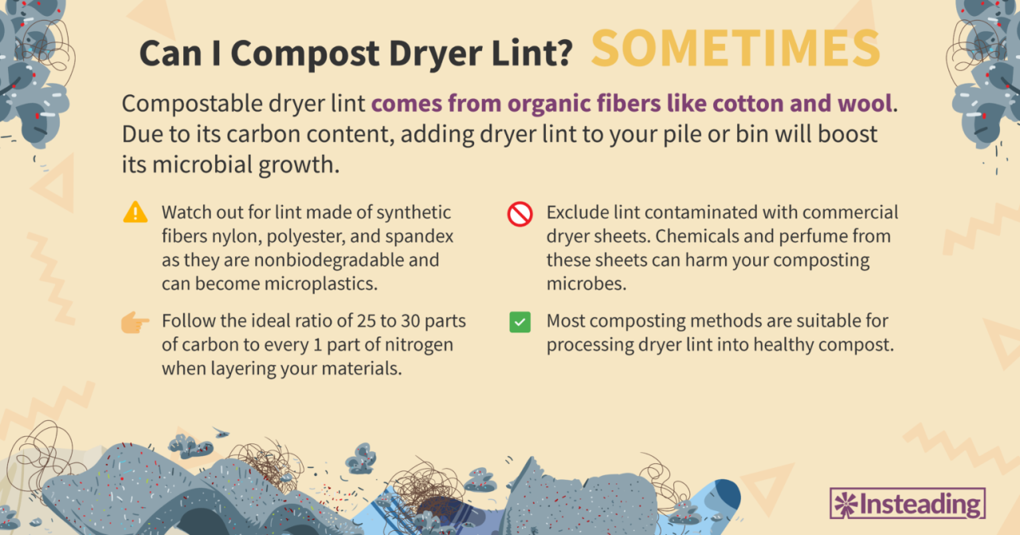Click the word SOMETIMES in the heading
[x=735, y=49]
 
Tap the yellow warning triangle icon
[x=135, y=212]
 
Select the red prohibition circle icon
[x=520, y=214]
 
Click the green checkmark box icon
[x=520, y=322]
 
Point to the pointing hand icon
[x=135, y=323]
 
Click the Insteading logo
[x=908, y=504]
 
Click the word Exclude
[x=575, y=213]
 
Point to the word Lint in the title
[x=530, y=53]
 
